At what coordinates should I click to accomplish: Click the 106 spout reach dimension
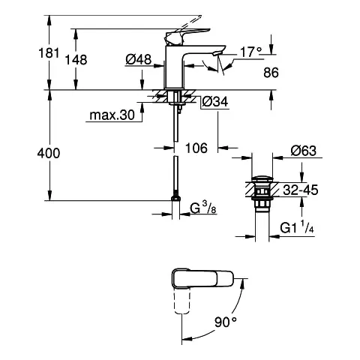(195, 148)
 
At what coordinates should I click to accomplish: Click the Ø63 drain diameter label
(303, 151)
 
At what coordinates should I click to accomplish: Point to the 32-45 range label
(302, 191)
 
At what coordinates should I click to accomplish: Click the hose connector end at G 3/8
(175, 201)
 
